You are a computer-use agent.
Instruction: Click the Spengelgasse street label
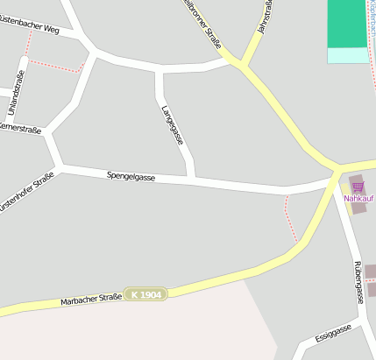coord(131,176)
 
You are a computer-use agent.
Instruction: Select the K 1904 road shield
coord(145,295)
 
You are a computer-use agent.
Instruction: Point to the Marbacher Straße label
coord(90,300)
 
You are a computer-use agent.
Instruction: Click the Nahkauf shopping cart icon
coord(357,186)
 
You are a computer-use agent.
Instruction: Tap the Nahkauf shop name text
coord(358,198)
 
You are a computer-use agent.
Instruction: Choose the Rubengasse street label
coord(358,281)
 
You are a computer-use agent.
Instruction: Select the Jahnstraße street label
coord(260,18)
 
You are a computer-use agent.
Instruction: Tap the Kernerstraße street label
coord(19,129)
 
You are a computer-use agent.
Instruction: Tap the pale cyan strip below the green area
coord(346,55)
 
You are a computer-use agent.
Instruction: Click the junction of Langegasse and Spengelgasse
coord(192,180)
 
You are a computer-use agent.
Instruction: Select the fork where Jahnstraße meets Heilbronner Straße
coord(240,64)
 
